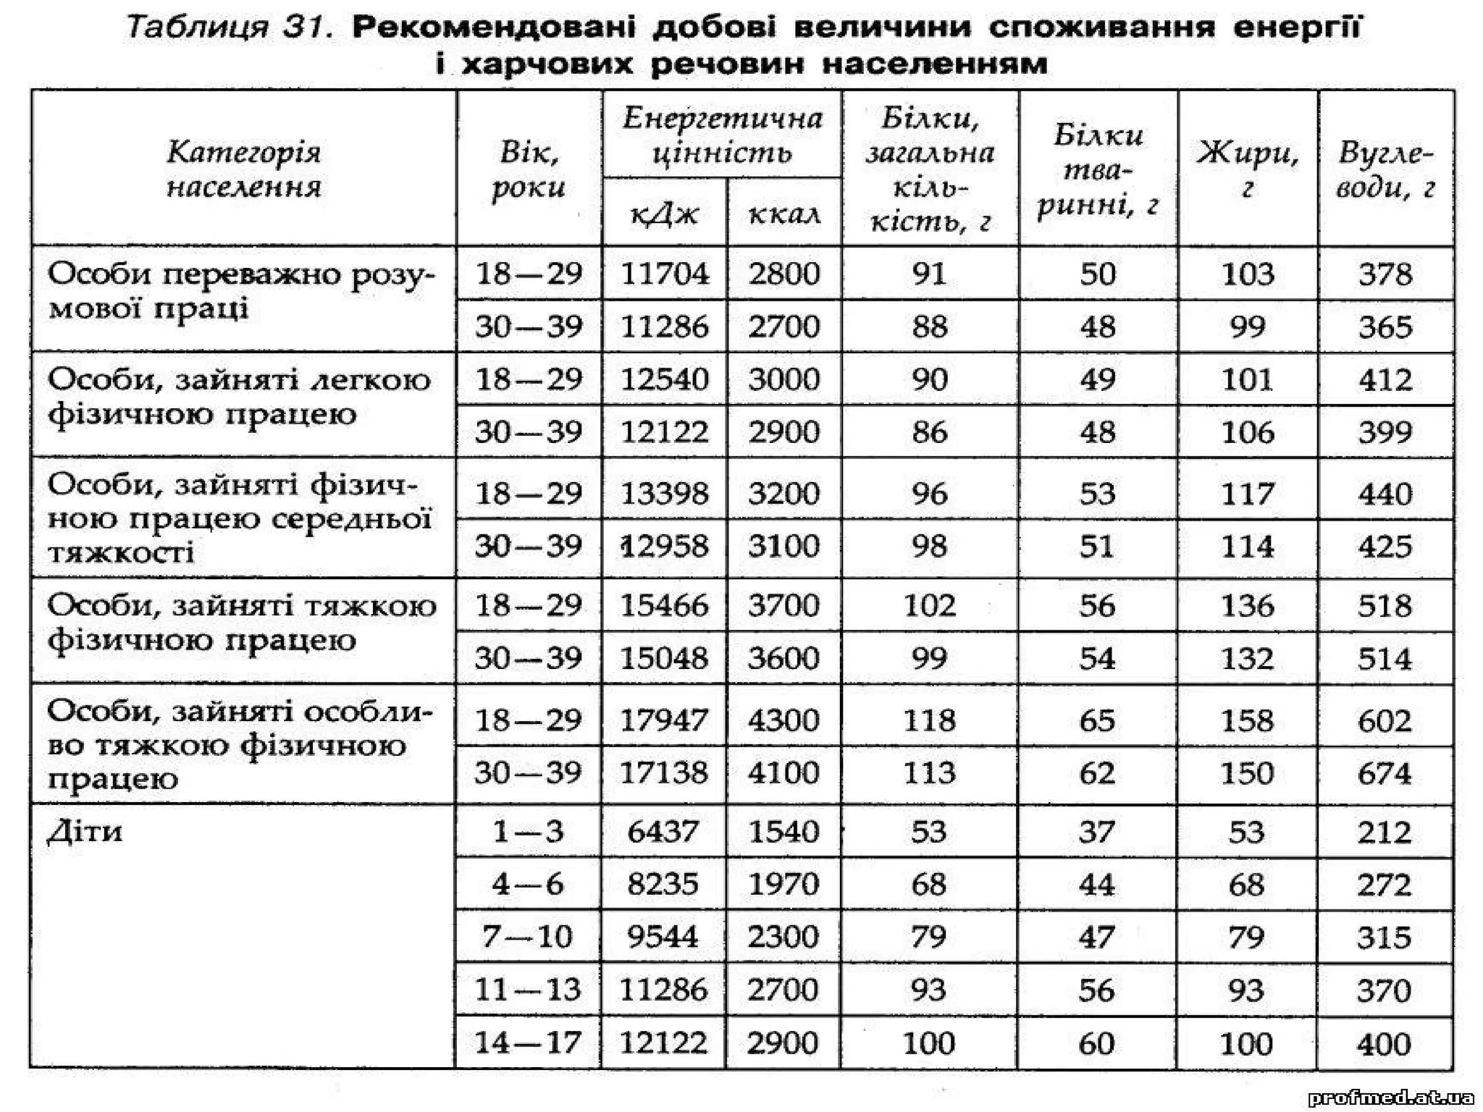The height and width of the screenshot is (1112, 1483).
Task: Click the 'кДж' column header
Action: tap(664, 214)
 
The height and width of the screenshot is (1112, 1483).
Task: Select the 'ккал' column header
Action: tap(783, 214)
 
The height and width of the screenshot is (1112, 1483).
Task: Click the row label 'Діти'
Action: tap(85, 831)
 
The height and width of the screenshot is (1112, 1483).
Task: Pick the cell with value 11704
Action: tap(664, 274)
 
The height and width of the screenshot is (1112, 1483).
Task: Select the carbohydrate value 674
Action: tap(1385, 773)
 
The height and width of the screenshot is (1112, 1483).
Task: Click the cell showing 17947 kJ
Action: tap(664, 720)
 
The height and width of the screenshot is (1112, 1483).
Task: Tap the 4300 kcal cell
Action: tap(783, 720)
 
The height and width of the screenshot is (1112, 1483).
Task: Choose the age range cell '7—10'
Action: tap(528, 937)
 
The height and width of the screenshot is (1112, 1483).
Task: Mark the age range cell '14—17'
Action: tap(528, 1042)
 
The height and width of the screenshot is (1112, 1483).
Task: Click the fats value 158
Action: tap(1247, 720)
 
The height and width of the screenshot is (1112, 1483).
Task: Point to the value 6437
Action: tap(663, 831)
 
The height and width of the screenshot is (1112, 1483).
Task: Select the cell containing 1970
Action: tap(783, 884)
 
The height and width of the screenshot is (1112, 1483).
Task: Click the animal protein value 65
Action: tap(1097, 720)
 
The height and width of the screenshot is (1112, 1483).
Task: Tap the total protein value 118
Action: tap(929, 720)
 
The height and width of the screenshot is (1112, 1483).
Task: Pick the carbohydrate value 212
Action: tap(1385, 831)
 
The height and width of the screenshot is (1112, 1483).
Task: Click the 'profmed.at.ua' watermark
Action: tap(1390, 1098)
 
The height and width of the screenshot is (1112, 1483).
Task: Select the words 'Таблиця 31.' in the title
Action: tap(230, 28)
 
